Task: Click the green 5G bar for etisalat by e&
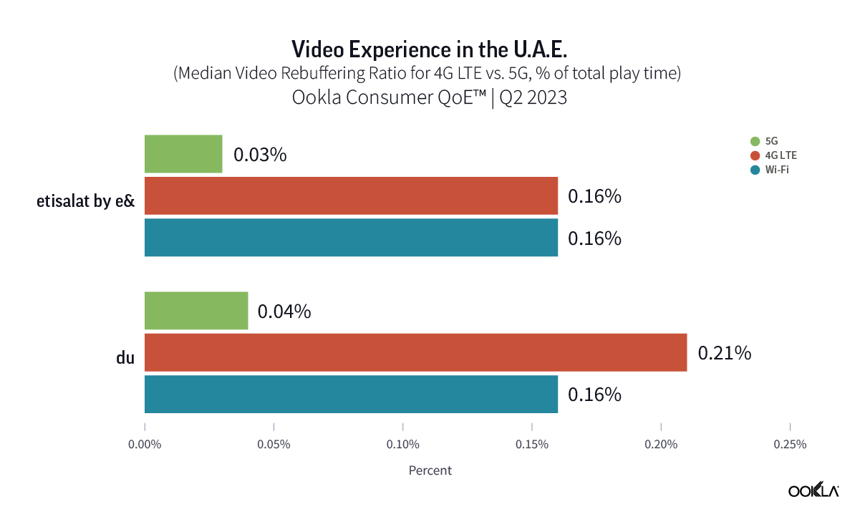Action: [x=183, y=154]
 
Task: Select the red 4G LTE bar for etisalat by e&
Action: [x=351, y=195]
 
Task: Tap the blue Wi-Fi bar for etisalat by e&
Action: [x=351, y=237]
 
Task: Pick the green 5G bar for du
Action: [x=196, y=311]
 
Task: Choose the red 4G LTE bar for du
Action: [x=415, y=352]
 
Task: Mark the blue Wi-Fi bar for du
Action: [x=351, y=394]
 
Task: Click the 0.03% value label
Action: [x=259, y=155]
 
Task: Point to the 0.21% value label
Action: [x=725, y=353]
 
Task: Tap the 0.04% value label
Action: [x=284, y=311]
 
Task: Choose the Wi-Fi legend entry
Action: [x=773, y=170]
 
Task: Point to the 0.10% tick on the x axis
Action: [x=402, y=445]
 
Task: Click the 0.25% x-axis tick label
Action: [x=789, y=445]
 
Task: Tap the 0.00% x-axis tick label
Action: [x=145, y=445]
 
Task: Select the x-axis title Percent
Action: [x=430, y=470]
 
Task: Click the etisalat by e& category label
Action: [x=86, y=201]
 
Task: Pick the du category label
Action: [x=125, y=357]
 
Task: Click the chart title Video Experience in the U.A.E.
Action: [x=430, y=49]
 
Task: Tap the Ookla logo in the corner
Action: [x=813, y=490]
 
